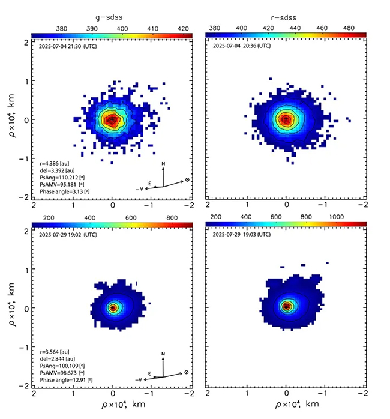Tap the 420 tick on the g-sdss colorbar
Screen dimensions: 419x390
pyautogui.click(x=184, y=28)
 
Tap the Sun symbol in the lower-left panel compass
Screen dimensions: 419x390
pyautogui.click(x=187, y=373)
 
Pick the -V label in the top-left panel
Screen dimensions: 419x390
pyautogui.click(x=139, y=188)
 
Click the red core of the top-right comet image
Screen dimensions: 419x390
pyautogui.click(x=286, y=119)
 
